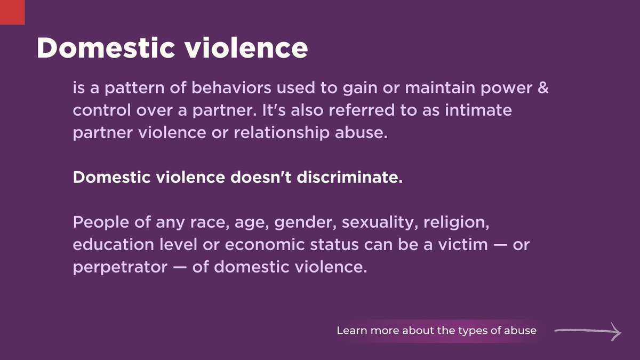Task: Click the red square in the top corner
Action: [x=12, y=12]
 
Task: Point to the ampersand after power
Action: [x=543, y=89]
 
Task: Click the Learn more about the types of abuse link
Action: [x=436, y=331]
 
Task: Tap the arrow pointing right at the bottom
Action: [x=588, y=331]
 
